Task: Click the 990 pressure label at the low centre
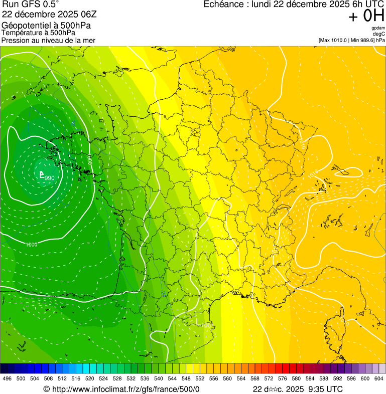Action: tap(50, 178)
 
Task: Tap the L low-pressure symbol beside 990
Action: tap(42, 174)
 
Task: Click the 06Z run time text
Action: tap(87, 14)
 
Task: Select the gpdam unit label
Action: tap(378, 28)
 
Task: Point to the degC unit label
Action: tap(379, 34)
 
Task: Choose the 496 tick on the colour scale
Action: tap(7, 378)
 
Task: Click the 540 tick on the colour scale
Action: tap(159, 378)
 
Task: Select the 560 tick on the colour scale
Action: tap(227, 378)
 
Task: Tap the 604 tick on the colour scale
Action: tap(379, 378)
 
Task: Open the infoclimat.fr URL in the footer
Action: tap(125, 389)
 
